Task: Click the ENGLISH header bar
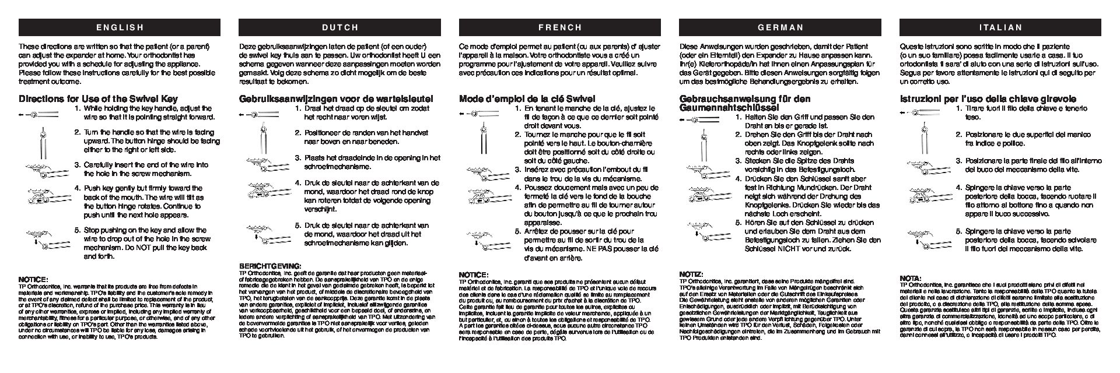click(120, 27)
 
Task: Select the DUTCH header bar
click(340, 27)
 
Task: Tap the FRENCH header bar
click(560, 27)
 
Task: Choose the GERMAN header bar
click(780, 27)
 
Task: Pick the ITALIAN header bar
click(1001, 27)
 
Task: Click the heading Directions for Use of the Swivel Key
click(98, 99)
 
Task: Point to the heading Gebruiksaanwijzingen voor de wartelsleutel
click(336, 99)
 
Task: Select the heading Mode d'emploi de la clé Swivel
click(527, 99)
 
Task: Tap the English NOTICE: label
click(33, 279)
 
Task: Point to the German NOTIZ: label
click(691, 274)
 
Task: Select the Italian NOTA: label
click(910, 278)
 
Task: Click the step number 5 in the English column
click(78, 229)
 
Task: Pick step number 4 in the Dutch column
click(297, 182)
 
